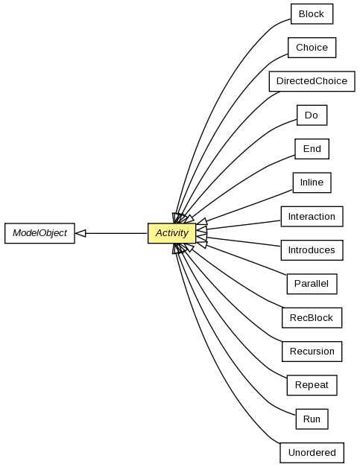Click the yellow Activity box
[x=171, y=233]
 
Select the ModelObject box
[x=40, y=233]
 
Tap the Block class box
[x=312, y=14]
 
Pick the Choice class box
[x=312, y=48]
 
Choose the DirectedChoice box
[x=312, y=81]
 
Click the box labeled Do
[x=312, y=115]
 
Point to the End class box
[x=312, y=149]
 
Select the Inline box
[x=312, y=182]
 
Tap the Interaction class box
[x=312, y=217]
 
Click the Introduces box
[x=312, y=250]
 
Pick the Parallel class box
[x=312, y=284]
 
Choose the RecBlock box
[x=312, y=318]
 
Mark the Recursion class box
[x=312, y=352]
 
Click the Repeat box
[x=312, y=385]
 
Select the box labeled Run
[x=312, y=419]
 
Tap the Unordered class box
[x=312, y=453]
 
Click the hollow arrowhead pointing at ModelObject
[x=80, y=233]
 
